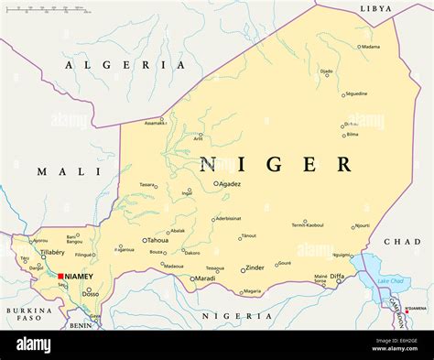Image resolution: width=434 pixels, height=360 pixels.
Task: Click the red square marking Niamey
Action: [60, 275]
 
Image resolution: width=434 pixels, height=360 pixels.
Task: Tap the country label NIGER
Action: [275, 165]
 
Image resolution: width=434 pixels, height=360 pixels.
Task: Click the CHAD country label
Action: [402, 242]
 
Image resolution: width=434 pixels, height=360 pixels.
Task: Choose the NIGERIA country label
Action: [236, 315]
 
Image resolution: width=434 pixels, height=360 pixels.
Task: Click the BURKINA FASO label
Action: [29, 315]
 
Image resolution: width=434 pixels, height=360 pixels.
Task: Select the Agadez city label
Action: [229, 183]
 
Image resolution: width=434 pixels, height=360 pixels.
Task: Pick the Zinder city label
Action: [255, 268]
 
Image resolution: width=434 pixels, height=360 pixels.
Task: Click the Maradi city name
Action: [205, 278]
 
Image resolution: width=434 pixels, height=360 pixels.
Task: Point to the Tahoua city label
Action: [157, 240]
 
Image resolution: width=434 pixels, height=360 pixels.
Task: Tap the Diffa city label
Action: [337, 276]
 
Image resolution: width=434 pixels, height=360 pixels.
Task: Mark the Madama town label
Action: [370, 46]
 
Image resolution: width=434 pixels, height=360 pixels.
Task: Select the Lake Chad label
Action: [390, 280]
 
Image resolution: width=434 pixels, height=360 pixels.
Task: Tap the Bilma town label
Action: [353, 135]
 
